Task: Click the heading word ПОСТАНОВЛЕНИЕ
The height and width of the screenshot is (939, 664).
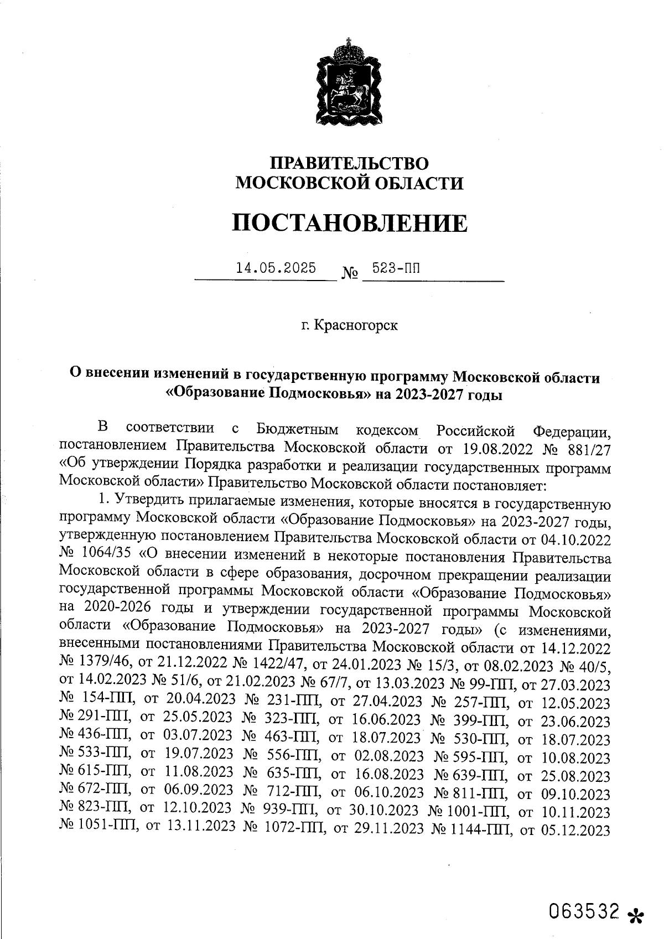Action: [x=349, y=223]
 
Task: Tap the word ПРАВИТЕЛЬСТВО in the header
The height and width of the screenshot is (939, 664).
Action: [x=349, y=163]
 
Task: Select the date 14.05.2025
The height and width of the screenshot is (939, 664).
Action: [x=276, y=268]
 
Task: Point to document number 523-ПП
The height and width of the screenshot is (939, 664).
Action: [x=396, y=268]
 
